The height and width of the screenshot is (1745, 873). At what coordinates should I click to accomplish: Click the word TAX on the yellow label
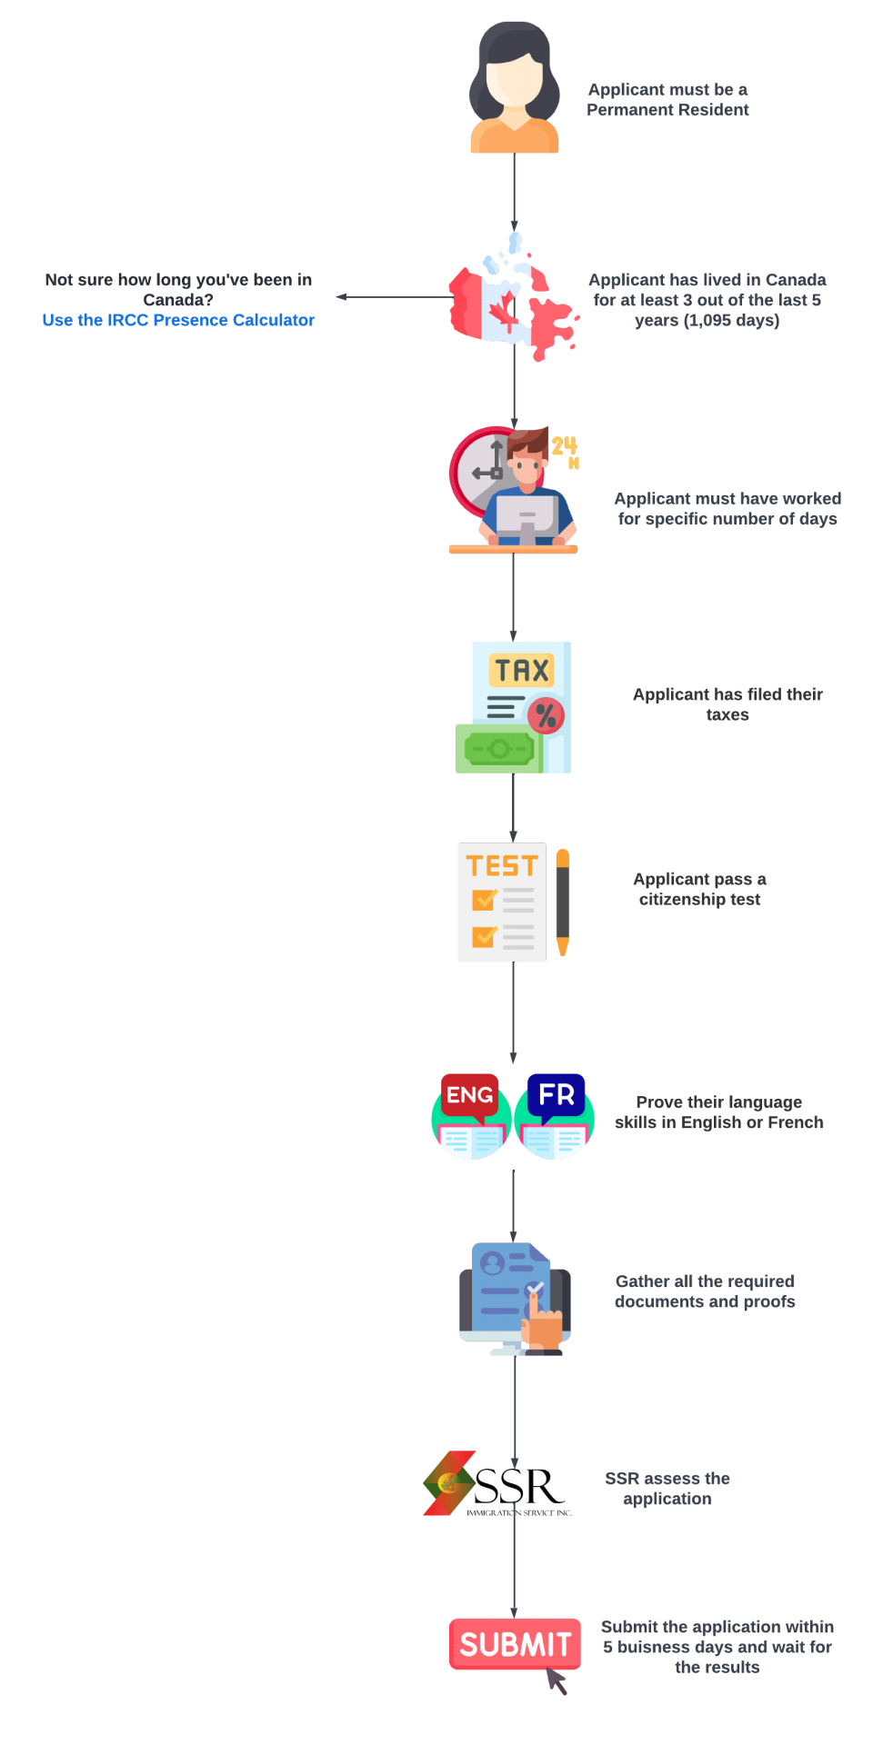pyautogui.click(x=521, y=671)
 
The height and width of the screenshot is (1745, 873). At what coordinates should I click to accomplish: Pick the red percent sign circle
pyautogui.click(x=546, y=716)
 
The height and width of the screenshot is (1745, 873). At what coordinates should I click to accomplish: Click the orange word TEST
pyautogui.click(x=502, y=866)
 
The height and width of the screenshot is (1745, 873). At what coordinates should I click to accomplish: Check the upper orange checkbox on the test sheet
pyautogui.click(x=483, y=899)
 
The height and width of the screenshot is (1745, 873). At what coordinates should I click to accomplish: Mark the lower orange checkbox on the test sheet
pyautogui.click(x=483, y=935)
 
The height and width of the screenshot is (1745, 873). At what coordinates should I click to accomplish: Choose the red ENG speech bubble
pyautogui.click(x=469, y=1095)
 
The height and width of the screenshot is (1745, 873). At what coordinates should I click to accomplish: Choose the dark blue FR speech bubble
pyautogui.click(x=556, y=1094)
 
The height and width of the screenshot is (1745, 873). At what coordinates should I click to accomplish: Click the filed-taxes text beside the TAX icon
pyautogui.click(x=726, y=704)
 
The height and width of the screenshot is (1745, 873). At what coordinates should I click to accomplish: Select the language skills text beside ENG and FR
pyautogui.click(x=718, y=1113)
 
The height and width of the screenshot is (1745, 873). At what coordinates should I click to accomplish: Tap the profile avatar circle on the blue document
pyautogui.click(x=493, y=1263)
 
